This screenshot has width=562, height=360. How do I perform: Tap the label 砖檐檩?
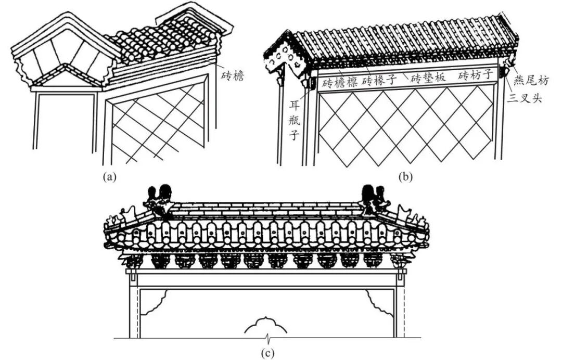click(x=339, y=83)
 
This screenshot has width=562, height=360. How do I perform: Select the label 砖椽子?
click(x=379, y=80)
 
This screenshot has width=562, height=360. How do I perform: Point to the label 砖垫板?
click(x=429, y=79)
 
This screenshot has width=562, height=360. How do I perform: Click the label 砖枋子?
click(x=476, y=76)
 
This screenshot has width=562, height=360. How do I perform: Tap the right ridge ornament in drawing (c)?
click(x=373, y=201)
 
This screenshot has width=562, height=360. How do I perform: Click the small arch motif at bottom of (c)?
click(x=266, y=325)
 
